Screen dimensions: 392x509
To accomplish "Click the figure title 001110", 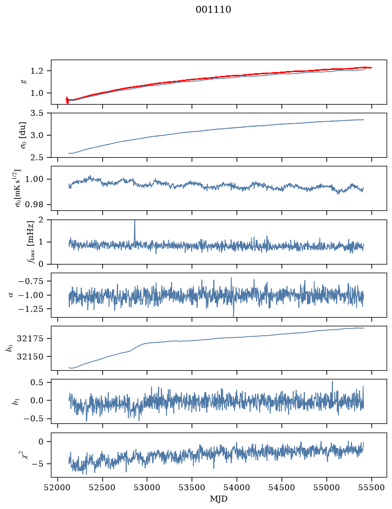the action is pos(213,10).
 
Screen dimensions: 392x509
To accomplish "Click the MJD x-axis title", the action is pos(219,499).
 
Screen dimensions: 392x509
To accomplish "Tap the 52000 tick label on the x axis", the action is pos(58,487).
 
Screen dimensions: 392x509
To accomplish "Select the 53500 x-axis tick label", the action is pos(192,487).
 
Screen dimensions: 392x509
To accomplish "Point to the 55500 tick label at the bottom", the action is pos(371,487).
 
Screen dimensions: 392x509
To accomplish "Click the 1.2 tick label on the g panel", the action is pos(37,71).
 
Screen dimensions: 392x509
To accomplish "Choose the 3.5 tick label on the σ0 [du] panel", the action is pos(37,113).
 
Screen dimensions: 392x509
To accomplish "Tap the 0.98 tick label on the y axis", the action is pos(34,205).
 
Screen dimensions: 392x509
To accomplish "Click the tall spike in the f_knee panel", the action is pos(135,230).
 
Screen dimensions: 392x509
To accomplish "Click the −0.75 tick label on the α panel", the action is pos(31,281).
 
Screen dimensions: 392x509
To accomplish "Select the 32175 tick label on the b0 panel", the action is pos(30,339).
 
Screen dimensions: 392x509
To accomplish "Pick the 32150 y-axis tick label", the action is pos(30,357).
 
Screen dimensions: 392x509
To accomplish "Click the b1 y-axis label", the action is pos(15,401).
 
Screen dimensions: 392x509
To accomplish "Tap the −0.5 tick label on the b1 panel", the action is pos(34,419).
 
